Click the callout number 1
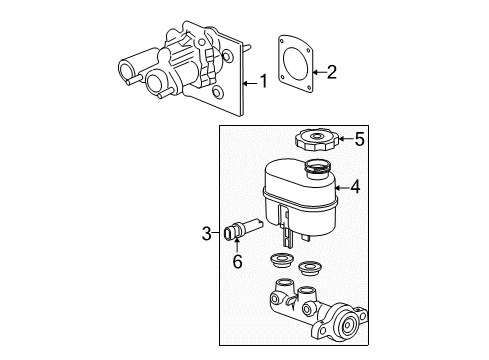[x=264, y=81]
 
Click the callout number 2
[x=331, y=70]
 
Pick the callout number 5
[x=360, y=139]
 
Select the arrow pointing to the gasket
[x=319, y=70]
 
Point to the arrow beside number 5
[x=346, y=139]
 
